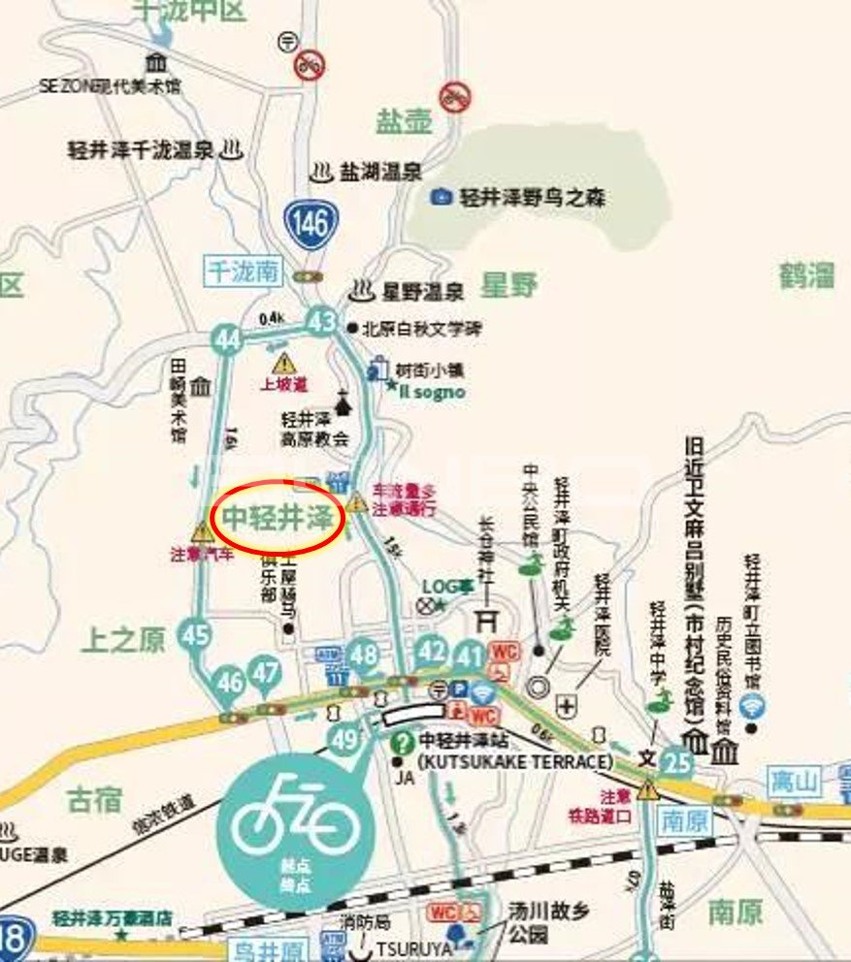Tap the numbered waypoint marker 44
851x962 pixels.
point(227,338)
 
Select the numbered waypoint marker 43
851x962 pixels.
point(321,322)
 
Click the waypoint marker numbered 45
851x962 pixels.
point(195,634)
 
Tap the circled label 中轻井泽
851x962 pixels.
point(278,517)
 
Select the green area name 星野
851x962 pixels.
point(509,285)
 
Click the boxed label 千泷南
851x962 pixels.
point(243,272)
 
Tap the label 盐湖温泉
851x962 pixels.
point(379,173)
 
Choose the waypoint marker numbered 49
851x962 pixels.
point(344,741)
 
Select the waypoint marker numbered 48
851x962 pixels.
point(364,655)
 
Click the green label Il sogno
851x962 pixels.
point(432,393)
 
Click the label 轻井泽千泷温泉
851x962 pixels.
point(141,150)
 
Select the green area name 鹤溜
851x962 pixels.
point(805,275)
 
